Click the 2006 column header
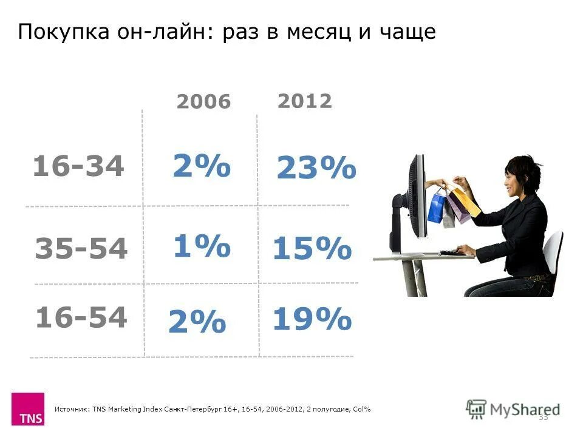click(x=203, y=102)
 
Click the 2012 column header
click(x=304, y=101)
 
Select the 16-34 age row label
click(x=78, y=166)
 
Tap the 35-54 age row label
click(x=81, y=249)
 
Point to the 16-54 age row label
click(x=81, y=317)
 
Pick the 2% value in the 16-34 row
click(x=202, y=166)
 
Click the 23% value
click(x=316, y=169)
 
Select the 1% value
click(x=202, y=246)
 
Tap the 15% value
click(x=312, y=249)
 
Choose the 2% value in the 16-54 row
click(x=197, y=322)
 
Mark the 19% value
click(x=312, y=319)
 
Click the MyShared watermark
click(x=513, y=408)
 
